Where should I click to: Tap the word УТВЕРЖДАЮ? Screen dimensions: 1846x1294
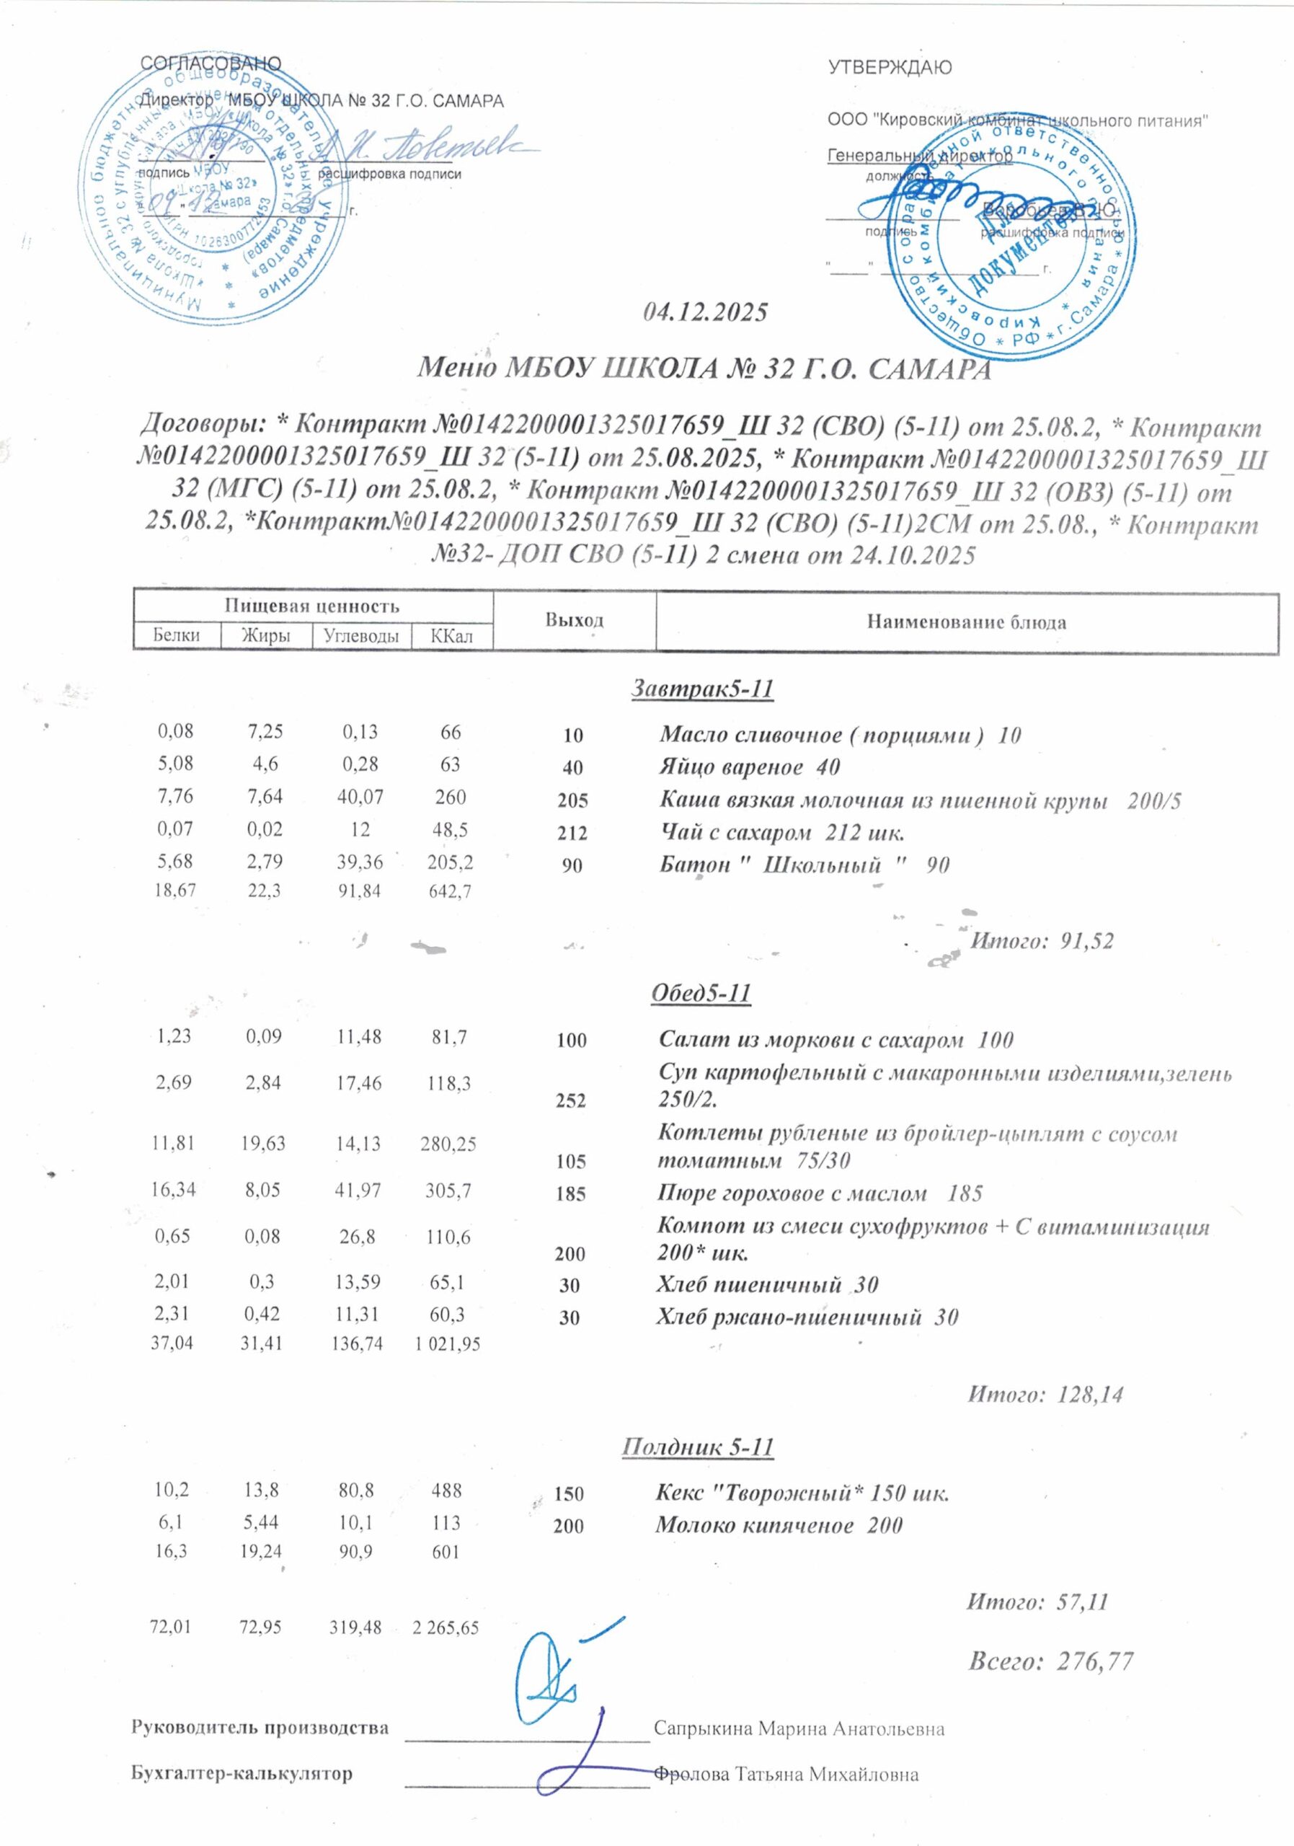pyautogui.click(x=890, y=69)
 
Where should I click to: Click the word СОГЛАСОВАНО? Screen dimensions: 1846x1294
pyautogui.click(x=211, y=64)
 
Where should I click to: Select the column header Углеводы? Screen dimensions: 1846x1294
pyautogui.click(x=361, y=636)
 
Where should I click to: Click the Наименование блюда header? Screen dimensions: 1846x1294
pyautogui.click(x=966, y=622)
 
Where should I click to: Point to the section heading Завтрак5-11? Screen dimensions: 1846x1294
pyautogui.click(x=701, y=689)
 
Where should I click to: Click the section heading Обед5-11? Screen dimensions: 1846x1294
pyautogui.click(x=700, y=994)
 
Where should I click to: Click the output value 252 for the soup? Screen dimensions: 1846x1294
pyautogui.click(x=571, y=1100)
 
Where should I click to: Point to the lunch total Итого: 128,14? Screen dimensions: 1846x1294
pyautogui.click(x=1044, y=1393)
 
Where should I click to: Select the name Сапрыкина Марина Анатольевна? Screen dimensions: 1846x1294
pyautogui.click(x=799, y=1728)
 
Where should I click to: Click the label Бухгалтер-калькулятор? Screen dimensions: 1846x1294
pyautogui.click(x=242, y=1774)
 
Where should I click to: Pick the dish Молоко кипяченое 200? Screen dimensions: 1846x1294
pyautogui.click(x=778, y=1524)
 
